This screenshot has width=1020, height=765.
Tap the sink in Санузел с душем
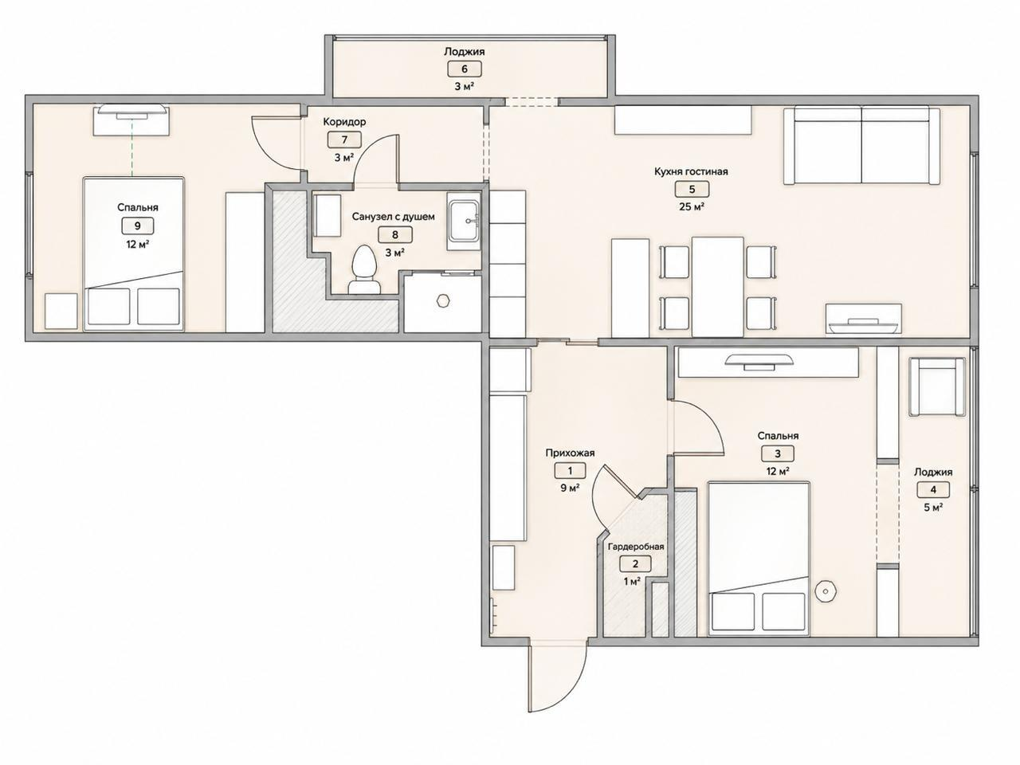[x=464, y=221]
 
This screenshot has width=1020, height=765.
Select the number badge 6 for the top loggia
[x=465, y=69]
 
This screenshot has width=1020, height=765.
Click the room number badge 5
[x=692, y=189]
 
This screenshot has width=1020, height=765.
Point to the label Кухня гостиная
[x=691, y=171]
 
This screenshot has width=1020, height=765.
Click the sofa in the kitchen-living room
[x=861, y=145]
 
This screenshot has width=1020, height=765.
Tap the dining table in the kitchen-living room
[x=717, y=286]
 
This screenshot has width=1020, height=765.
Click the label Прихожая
[x=571, y=453]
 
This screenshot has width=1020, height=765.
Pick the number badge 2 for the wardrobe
[x=635, y=564]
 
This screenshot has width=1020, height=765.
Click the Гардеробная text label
[x=636, y=547]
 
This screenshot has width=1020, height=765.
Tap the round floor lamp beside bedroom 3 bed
[x=826, y=591]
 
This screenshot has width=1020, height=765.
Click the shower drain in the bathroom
[x=443, y=300]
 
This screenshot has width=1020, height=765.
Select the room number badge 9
[x=138, y=226]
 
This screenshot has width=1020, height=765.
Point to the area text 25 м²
[x=692, y=206]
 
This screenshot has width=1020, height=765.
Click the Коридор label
[x=344, y=122]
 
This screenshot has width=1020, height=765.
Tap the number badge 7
[x=344, y=139]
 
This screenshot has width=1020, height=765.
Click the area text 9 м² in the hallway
[x=570, y=488]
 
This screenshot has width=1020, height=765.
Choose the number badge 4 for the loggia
[x=933, y=489]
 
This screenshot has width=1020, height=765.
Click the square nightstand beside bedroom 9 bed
[x=61, y=312]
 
